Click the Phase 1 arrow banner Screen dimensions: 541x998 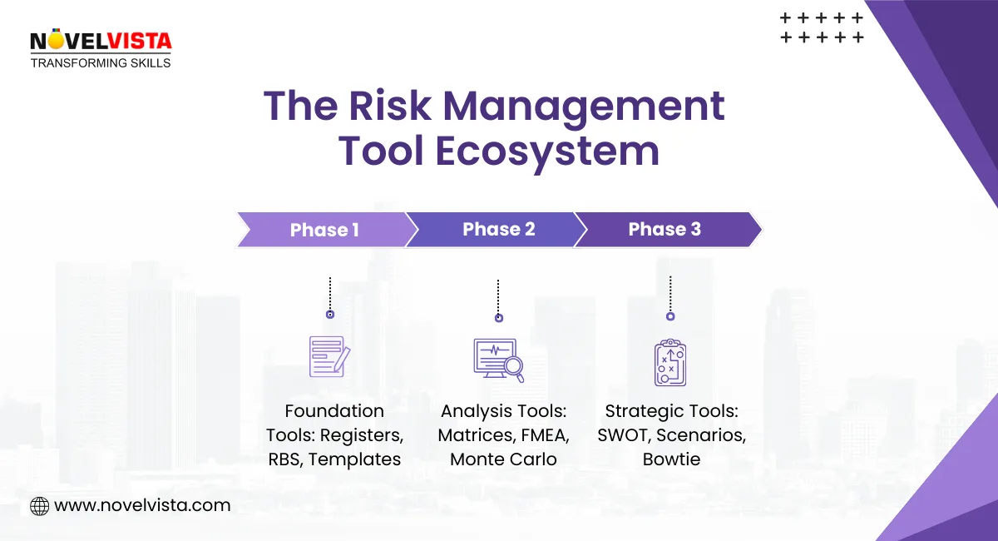(324, 230)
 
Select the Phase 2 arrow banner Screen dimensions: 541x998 (498, 229)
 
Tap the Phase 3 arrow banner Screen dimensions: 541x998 (665, 229)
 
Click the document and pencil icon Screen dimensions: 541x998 (329, 357)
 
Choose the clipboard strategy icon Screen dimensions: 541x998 (669, 362)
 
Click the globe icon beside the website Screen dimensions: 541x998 (39, 505)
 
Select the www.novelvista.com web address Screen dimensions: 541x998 (142, 505)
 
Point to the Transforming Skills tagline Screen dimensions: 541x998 (101, 62)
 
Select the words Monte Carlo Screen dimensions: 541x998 (503, 459)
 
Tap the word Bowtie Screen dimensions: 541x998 (669, 459)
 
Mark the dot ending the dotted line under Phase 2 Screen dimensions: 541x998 (498, 318)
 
